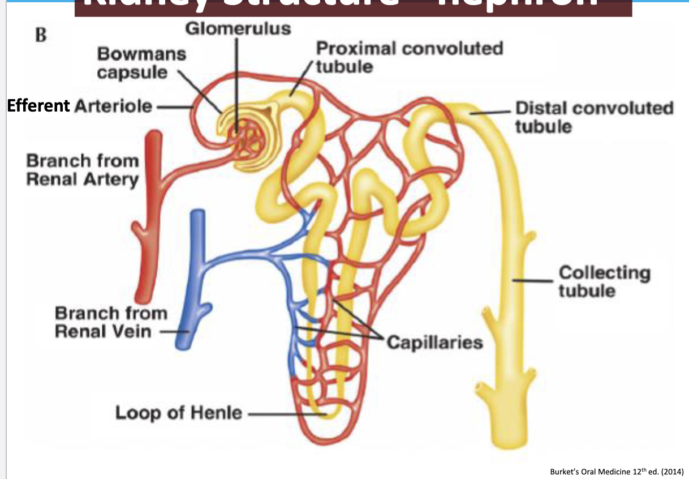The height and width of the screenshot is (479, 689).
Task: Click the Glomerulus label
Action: [238, 29]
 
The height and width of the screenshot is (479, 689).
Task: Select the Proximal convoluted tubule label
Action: [409, 57]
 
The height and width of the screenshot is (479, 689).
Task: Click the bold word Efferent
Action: [38, 106]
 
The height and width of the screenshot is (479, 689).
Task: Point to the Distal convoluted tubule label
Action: [594, 117]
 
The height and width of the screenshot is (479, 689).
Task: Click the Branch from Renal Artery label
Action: [82, 170]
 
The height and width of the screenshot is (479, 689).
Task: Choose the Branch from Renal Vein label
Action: [111, 322]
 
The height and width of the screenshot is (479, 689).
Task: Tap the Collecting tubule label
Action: [604, 281]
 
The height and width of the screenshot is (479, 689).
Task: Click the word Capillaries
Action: [434, 342]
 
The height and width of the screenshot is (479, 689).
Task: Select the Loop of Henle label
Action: [178, 412]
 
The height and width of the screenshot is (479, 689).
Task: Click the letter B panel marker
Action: [40, 35]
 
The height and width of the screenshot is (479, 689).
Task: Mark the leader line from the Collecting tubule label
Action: [535, 279]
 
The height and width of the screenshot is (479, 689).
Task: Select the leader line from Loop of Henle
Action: [286, 414]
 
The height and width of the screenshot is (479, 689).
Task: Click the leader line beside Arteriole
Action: [173, 106]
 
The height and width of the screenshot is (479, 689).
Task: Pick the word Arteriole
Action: [113, 106]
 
